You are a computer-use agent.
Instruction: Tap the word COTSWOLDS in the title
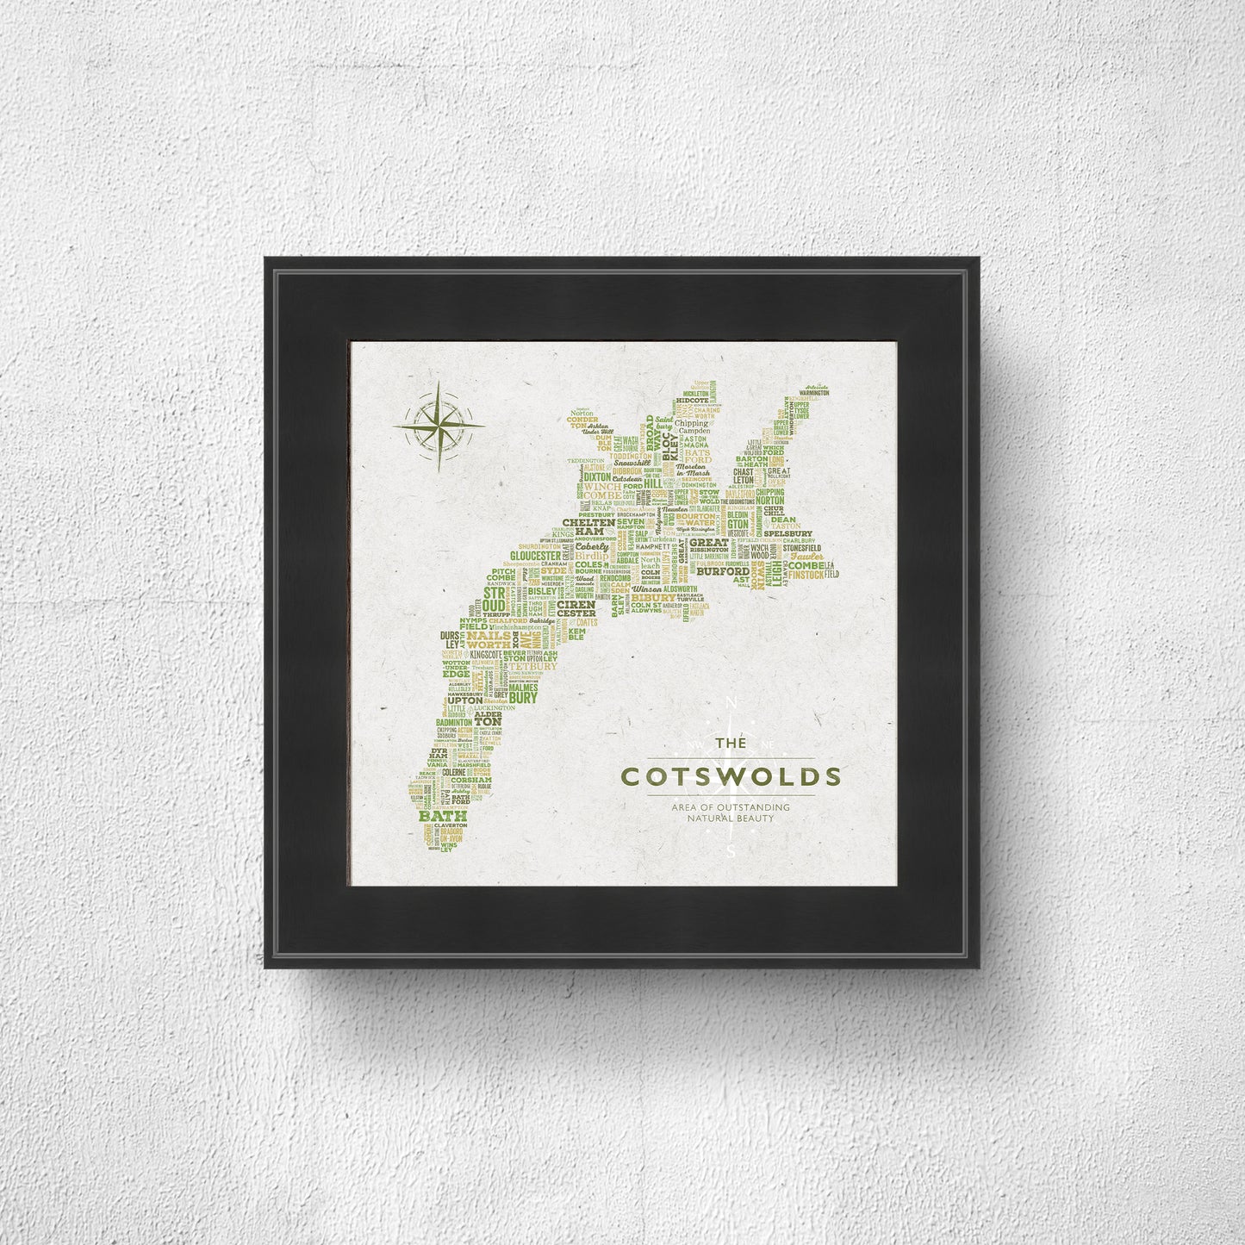pyautogui.click(x=731, y=775)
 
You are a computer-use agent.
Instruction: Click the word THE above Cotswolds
pyautogui.click(x=731, y=743)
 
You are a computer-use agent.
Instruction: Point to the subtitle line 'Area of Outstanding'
pyautogui.click(x=731, y=806)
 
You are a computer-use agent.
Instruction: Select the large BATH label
pyautogui.click(x=443, y=814)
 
